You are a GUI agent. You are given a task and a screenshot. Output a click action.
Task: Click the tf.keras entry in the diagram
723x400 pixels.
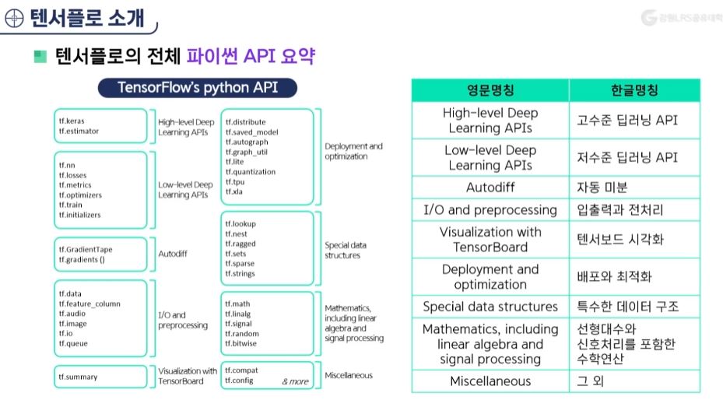tap(72, 121)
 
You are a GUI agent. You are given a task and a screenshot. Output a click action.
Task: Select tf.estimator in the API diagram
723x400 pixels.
tap(78, 132)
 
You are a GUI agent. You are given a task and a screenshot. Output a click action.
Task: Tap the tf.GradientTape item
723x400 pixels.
tap(90, 249)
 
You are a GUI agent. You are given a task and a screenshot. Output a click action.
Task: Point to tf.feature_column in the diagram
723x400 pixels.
tap(89, 304)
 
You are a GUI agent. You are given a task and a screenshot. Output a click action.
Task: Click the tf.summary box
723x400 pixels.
tap(78, 377)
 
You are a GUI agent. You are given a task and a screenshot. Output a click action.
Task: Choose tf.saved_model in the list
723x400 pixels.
tap(251, 132)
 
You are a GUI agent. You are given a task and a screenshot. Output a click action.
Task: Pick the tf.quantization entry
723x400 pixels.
tap(251, 172)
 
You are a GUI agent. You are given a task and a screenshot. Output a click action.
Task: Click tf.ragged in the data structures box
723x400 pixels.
tap(240, 244)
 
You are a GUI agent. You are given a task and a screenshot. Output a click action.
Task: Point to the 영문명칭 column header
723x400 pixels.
tap(490, 90)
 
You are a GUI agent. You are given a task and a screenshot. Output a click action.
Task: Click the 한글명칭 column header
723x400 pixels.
tap(634, 90)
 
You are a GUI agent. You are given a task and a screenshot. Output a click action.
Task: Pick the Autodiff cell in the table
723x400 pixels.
tap(490, 188)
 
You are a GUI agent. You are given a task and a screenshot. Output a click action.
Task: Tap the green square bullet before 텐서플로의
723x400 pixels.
tap(40, 58)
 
